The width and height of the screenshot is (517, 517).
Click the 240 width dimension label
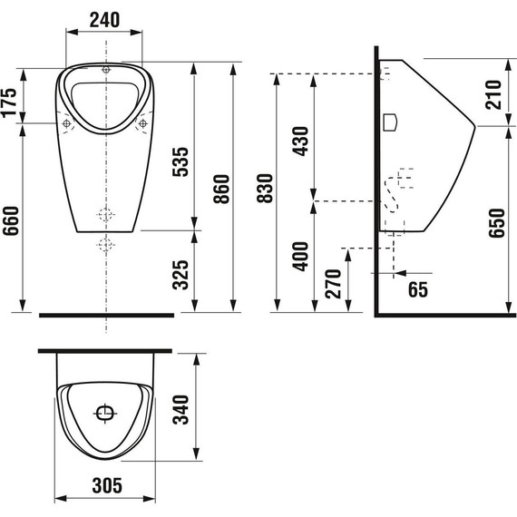[x=104, y=20]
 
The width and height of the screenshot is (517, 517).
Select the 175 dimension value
[x=9, y=102]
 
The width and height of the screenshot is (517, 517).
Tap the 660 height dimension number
[x=11, y=221]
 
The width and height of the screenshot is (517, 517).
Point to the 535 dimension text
[x=180, y=161]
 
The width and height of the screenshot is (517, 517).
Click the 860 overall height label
[x=221, y=189]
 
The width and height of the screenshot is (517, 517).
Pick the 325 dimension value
[x=180, y=275]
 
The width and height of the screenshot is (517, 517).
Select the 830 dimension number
[x=265, y=189]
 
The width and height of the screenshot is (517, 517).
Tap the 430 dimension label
[x=301, y=141]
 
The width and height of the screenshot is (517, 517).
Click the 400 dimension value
[x=301, y=257]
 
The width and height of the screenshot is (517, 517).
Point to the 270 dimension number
[x=333, y=284]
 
